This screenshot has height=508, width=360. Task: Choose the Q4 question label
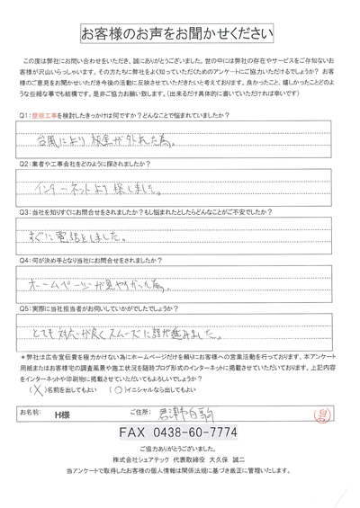pos(24,264)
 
